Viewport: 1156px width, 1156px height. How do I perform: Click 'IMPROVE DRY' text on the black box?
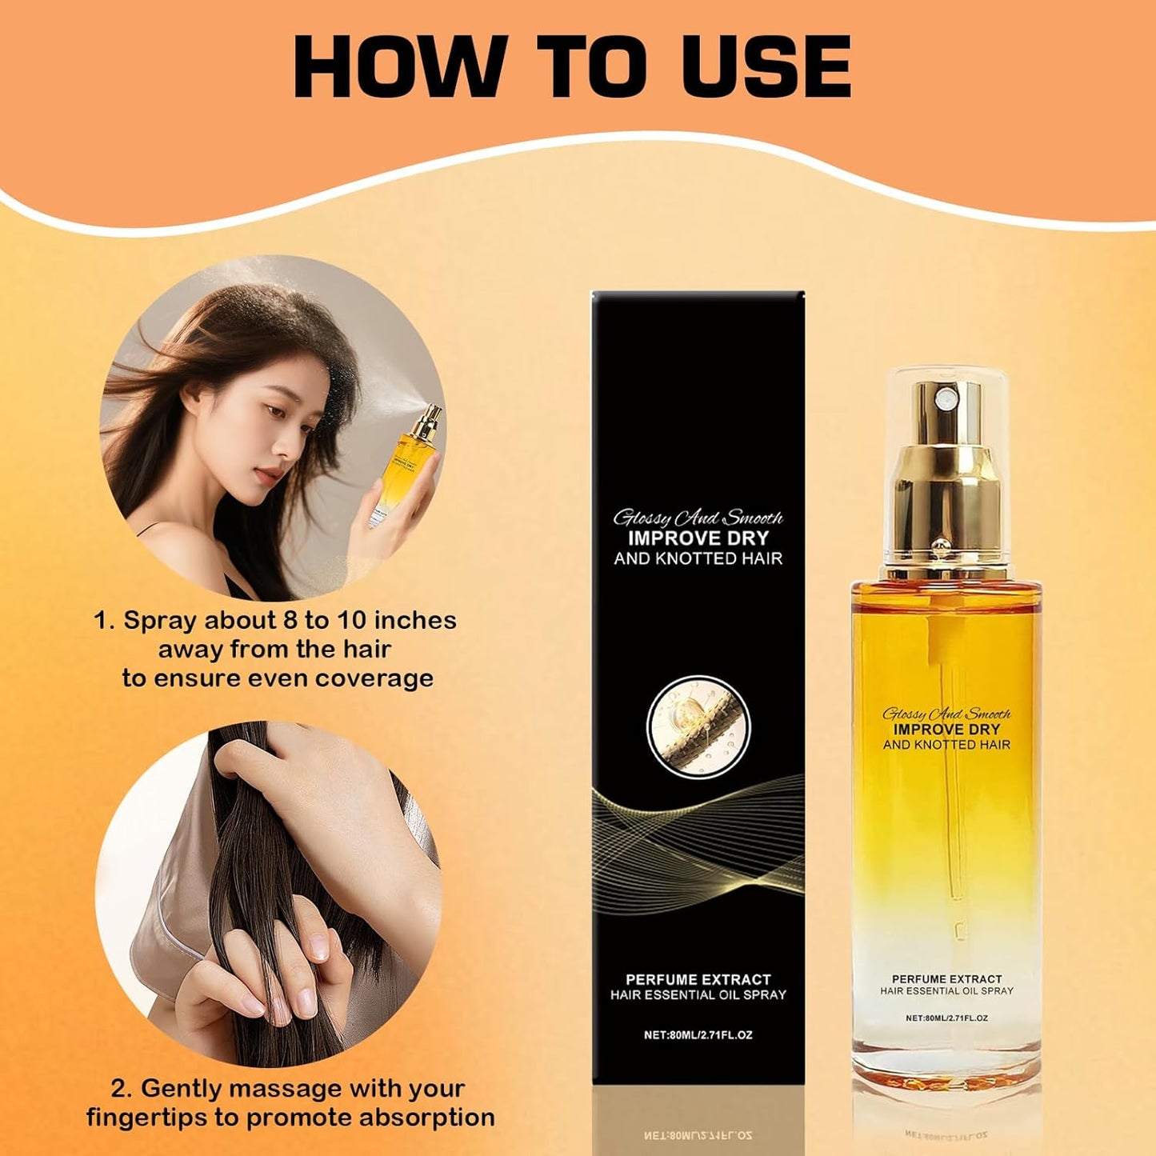[698, 538]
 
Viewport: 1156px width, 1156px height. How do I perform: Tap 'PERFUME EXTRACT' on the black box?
[698, 979]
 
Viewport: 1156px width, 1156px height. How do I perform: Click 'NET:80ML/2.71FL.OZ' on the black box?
[698, 1035]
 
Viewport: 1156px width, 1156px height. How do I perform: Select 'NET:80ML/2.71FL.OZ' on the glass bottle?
[946, 1018]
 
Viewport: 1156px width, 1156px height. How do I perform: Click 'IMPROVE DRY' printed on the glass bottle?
[946, 729]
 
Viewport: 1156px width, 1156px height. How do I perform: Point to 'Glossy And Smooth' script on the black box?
[698, 518]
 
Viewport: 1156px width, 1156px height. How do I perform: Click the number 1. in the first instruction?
[105, 621]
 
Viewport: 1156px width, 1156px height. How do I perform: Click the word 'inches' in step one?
[415, 621]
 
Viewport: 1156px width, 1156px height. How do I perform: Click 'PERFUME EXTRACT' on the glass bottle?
[946, 979]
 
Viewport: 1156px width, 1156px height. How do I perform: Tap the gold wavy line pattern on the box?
[698, 824]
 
